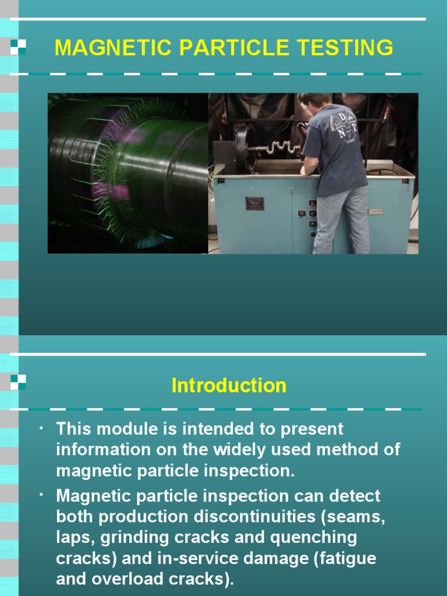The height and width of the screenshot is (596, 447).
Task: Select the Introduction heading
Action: tap(229, 385)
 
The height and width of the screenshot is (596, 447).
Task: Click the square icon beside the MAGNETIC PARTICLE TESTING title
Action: tap(18, 47)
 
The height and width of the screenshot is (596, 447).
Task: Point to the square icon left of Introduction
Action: tap(18, 382)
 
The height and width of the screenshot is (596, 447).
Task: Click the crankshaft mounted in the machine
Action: tap(279, 149)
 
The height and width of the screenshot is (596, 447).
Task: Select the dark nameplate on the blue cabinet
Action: tap(254, 204)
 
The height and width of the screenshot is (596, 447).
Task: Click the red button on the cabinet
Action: tap(312, 203)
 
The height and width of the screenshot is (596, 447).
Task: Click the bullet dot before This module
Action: tap(42, 429)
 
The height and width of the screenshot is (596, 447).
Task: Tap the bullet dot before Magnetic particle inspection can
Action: tap(42, 495)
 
